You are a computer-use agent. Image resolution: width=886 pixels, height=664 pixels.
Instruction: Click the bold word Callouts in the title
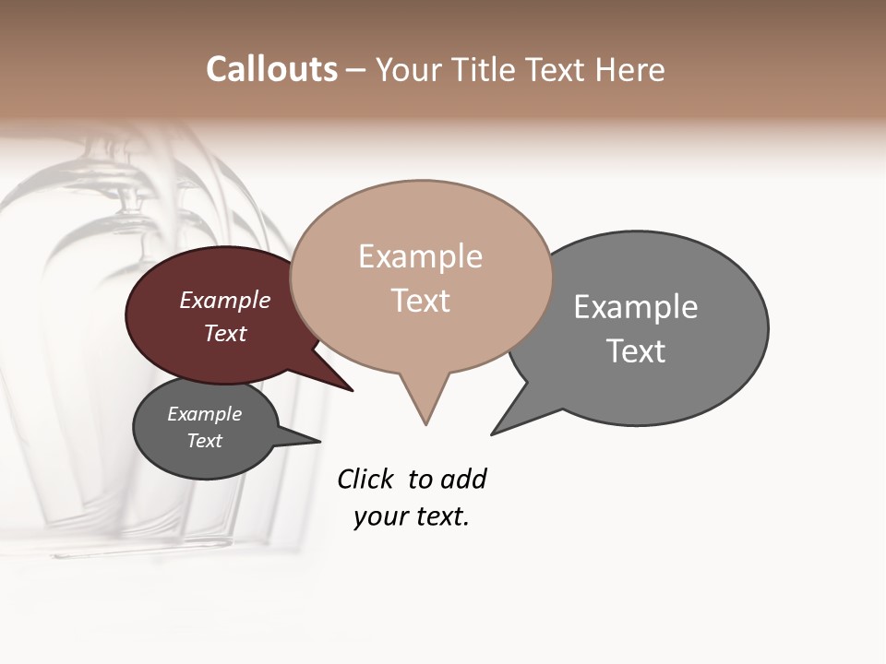click(271, 69)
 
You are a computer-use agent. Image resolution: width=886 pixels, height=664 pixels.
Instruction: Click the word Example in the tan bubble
click(420, 256)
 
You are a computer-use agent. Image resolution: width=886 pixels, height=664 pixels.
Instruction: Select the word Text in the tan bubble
click(421, 301)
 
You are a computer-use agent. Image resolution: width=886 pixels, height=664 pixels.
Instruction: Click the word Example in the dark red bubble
click(225, 300)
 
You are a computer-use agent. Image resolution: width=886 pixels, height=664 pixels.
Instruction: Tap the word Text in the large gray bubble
click(636, 350)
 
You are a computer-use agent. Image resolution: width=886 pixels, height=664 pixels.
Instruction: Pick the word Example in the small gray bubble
click(205, 414)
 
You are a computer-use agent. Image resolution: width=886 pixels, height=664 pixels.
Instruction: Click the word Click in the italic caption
click(365, 479)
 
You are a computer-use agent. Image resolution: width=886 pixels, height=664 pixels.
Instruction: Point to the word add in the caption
click(463, 479)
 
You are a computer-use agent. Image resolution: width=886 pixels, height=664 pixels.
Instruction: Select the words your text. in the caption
click(412, 516)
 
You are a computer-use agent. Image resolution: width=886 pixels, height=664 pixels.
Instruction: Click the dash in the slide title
click(356, 70)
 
